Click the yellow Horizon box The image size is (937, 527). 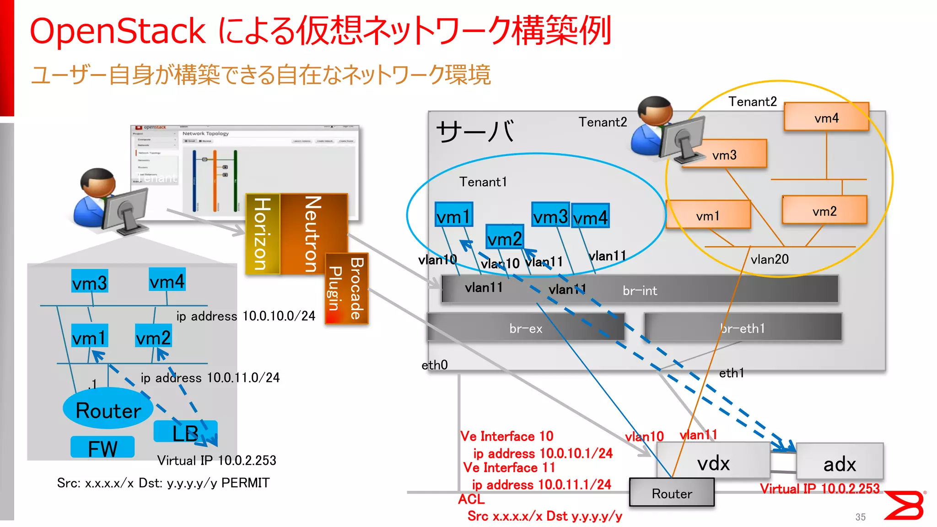click(x=262, y=234)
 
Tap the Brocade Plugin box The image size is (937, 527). click(x=346, y=289)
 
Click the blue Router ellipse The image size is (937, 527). click(x=108, y=409)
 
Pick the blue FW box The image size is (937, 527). click(x=102, y=447)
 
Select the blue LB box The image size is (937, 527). click(x=185, y=432)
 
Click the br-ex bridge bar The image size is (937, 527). click(x=526, y=328)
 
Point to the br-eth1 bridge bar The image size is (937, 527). click(x=742, y=328)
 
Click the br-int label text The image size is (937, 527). click(x=640, y=290)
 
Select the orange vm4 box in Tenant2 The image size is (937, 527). click(x=826, y=117)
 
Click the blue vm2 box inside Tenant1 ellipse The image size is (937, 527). click(x=504, y=238)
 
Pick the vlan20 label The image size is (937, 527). click(x=770, y=259)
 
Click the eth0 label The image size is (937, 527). click(x=435, y=365)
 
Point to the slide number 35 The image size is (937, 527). click(x=860, y=517)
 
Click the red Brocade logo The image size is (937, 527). click(x=905, y=505)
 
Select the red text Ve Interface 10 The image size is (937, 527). click(x=506, y=436)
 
